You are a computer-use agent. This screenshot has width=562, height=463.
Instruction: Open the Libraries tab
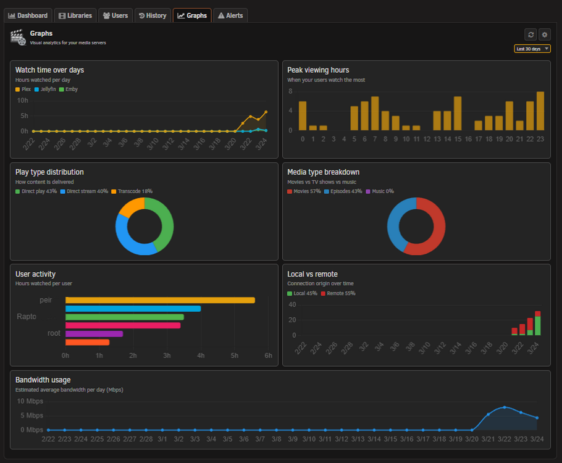pyautogui.click(x=75, y=15)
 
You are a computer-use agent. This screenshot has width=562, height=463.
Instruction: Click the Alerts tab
pyautogui.click(x=230, y=15)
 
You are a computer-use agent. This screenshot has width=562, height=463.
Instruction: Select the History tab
pyautogui.click(x=153, y=15)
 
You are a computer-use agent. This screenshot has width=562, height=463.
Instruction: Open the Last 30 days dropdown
pyautogui.click(x=532, y=49)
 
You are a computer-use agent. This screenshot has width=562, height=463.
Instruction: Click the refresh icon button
pyautogui.click(x=531, y=35)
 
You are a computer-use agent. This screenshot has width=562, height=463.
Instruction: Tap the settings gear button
pyautogui.click(x=545, y=35)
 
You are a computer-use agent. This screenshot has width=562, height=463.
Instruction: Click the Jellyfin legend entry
pyautogui.click(x=45, y=90)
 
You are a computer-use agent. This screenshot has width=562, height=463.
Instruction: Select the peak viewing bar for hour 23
pyautogui.click(x=540, y=111)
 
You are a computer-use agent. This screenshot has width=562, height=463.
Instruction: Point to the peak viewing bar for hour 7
pyautogui.click(x=375, y=113)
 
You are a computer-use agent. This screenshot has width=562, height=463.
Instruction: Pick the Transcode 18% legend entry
pyautogui.click(x=132, y=191)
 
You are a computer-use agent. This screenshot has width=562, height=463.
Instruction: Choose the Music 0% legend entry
pyautogui.click(x=380, y=191)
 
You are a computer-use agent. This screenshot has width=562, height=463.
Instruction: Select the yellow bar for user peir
pyautogui.click(x=160, y=300)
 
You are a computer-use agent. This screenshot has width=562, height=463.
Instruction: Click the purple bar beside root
pyautogui.click(x=94, y=334)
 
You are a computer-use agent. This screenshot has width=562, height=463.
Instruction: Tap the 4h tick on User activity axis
pyautogui.click(x=201, y=356)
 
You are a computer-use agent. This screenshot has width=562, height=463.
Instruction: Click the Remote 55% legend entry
pyautogui.click(x=338, y=293)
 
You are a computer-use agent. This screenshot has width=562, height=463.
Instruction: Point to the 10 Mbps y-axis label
pyautogui.click(x=30, y=401)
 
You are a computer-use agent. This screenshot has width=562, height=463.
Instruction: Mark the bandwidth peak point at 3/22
pyautogui.click(x=505, y=407)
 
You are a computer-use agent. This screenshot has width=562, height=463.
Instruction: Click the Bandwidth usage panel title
pyautogui.click(x=43, y=380)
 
